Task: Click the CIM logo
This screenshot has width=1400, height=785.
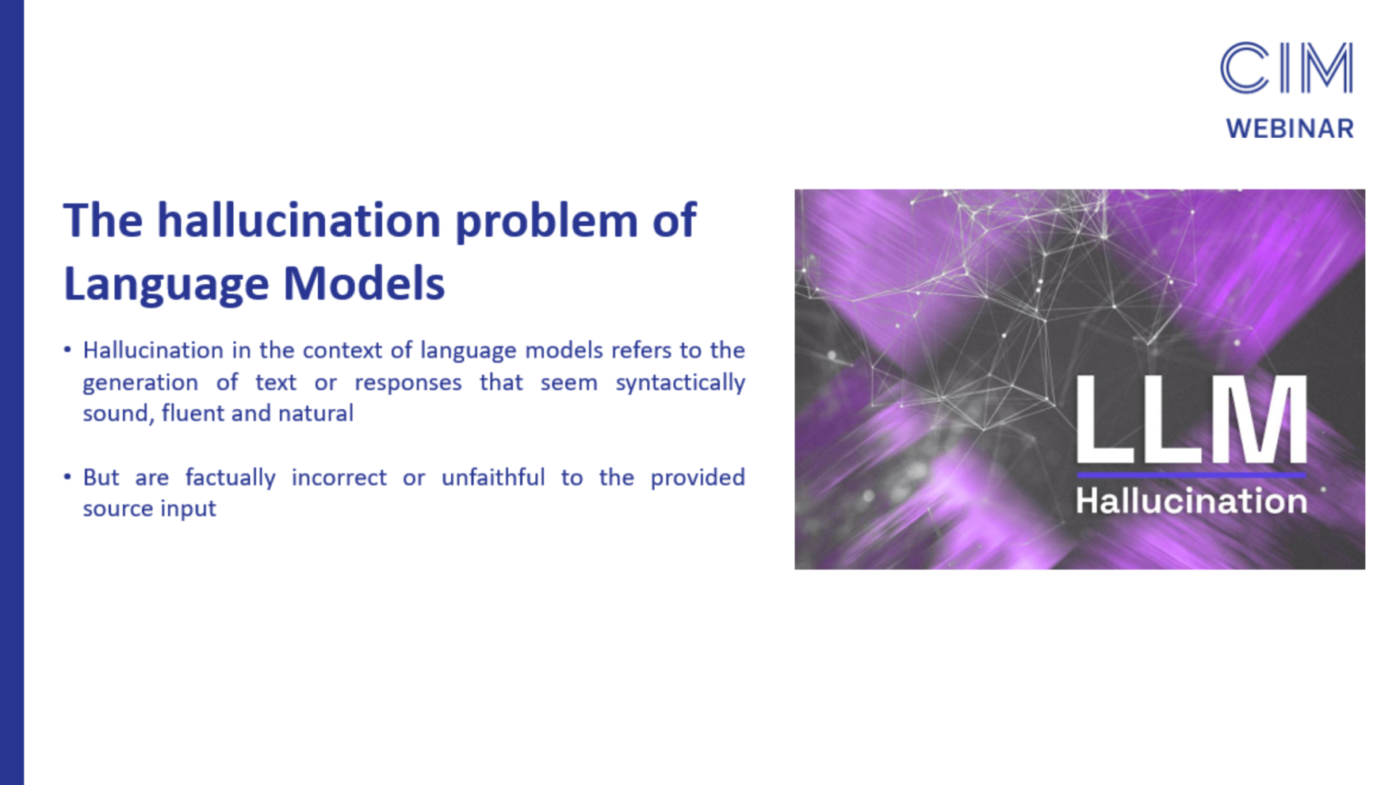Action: coord(1286,68)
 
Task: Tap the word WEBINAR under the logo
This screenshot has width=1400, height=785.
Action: coord(1290,128)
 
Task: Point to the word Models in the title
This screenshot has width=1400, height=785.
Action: coord(364,283)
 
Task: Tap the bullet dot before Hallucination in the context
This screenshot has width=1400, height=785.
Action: coord(67,350)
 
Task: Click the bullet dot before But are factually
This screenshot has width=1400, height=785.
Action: coord(67,477)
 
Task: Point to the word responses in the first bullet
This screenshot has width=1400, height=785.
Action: coord(407,383)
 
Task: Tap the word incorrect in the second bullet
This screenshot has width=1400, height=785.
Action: coord(339,477)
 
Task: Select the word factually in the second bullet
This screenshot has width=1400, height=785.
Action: coord(230,477)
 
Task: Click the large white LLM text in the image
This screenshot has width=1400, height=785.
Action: coord(1191,419)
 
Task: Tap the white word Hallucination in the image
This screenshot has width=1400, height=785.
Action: coord(1191,501)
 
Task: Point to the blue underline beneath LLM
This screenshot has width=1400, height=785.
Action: coord(1191,475)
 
